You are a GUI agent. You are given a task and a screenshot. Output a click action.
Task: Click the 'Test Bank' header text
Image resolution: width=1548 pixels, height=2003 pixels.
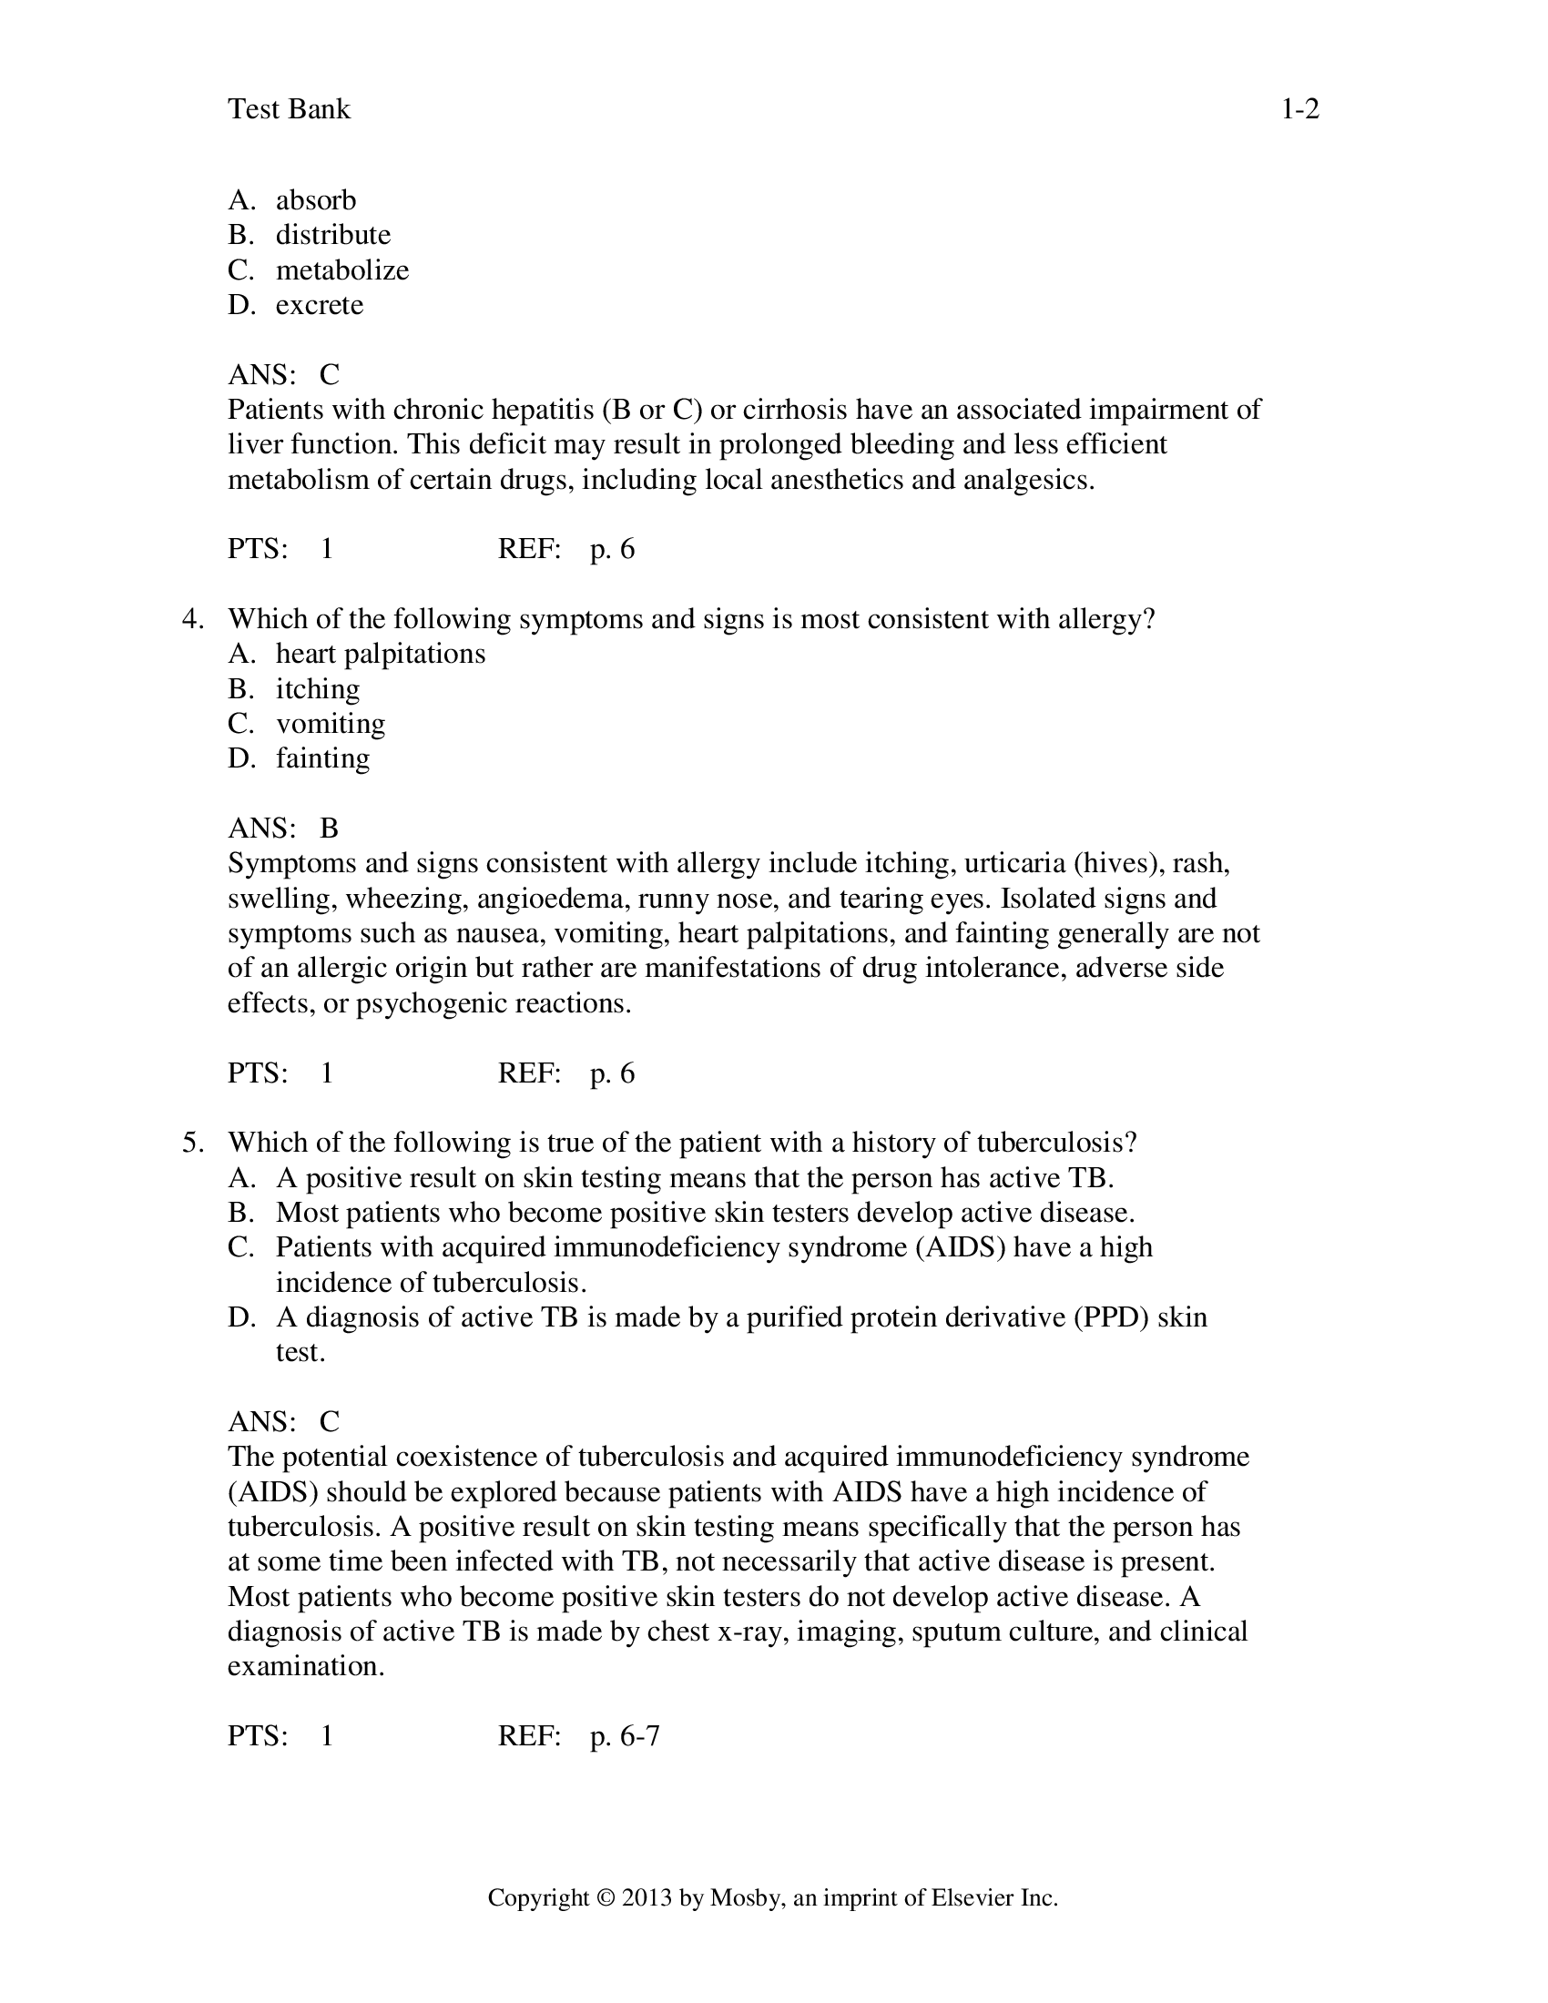(x=289, y=109)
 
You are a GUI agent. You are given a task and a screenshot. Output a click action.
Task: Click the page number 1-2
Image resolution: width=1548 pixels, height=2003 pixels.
(x=1299, y=109)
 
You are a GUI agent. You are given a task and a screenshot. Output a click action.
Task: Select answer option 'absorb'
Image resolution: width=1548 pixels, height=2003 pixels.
(x=315, y=200)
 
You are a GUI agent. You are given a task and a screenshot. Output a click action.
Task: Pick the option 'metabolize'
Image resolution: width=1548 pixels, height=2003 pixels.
(x=342, y=269)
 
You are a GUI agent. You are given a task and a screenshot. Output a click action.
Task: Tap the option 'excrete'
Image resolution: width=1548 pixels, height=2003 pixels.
(x=319, y=304)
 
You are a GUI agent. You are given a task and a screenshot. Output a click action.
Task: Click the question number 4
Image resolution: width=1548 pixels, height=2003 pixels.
(x=191, y=619)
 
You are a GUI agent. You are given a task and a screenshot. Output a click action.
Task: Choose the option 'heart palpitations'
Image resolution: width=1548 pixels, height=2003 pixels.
(x=380, y=654)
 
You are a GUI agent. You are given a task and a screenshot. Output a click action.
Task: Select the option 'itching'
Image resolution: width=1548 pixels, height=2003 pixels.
(x=317, y=689)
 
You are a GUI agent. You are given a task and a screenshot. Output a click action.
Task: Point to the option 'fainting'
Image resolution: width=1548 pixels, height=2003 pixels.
(x=323, y=758)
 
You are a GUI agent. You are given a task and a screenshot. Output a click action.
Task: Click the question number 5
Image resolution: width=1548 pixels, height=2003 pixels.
(x=191, y=1143)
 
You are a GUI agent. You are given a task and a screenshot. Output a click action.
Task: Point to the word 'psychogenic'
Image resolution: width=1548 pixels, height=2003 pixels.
(x=432, y=1003)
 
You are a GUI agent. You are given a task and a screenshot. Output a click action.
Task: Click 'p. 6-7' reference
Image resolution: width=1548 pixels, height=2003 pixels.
(x=625, y=1736)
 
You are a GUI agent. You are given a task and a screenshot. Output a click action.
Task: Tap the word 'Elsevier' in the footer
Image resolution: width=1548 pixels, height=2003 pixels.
(x=972, y=1897)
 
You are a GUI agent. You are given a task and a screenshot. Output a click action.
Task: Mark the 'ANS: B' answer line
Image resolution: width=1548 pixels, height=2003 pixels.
(x=282, y=829)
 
